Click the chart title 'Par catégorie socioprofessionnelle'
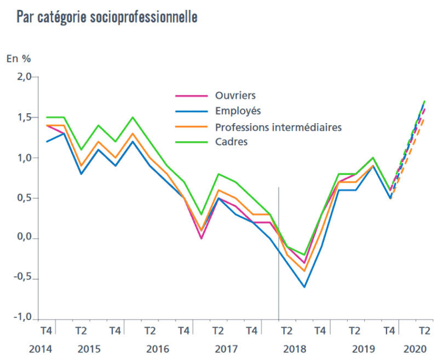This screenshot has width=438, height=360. [107, 17]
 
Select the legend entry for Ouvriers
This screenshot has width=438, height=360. [235, 96]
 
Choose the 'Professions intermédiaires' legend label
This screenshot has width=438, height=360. [278, 127]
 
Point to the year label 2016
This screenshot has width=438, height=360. [158, 349]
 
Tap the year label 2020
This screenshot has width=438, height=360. [415, 349]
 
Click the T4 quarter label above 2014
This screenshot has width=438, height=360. [47, 330]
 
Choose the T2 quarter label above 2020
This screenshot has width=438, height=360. [424, 330]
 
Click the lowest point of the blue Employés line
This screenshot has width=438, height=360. [304, 287]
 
